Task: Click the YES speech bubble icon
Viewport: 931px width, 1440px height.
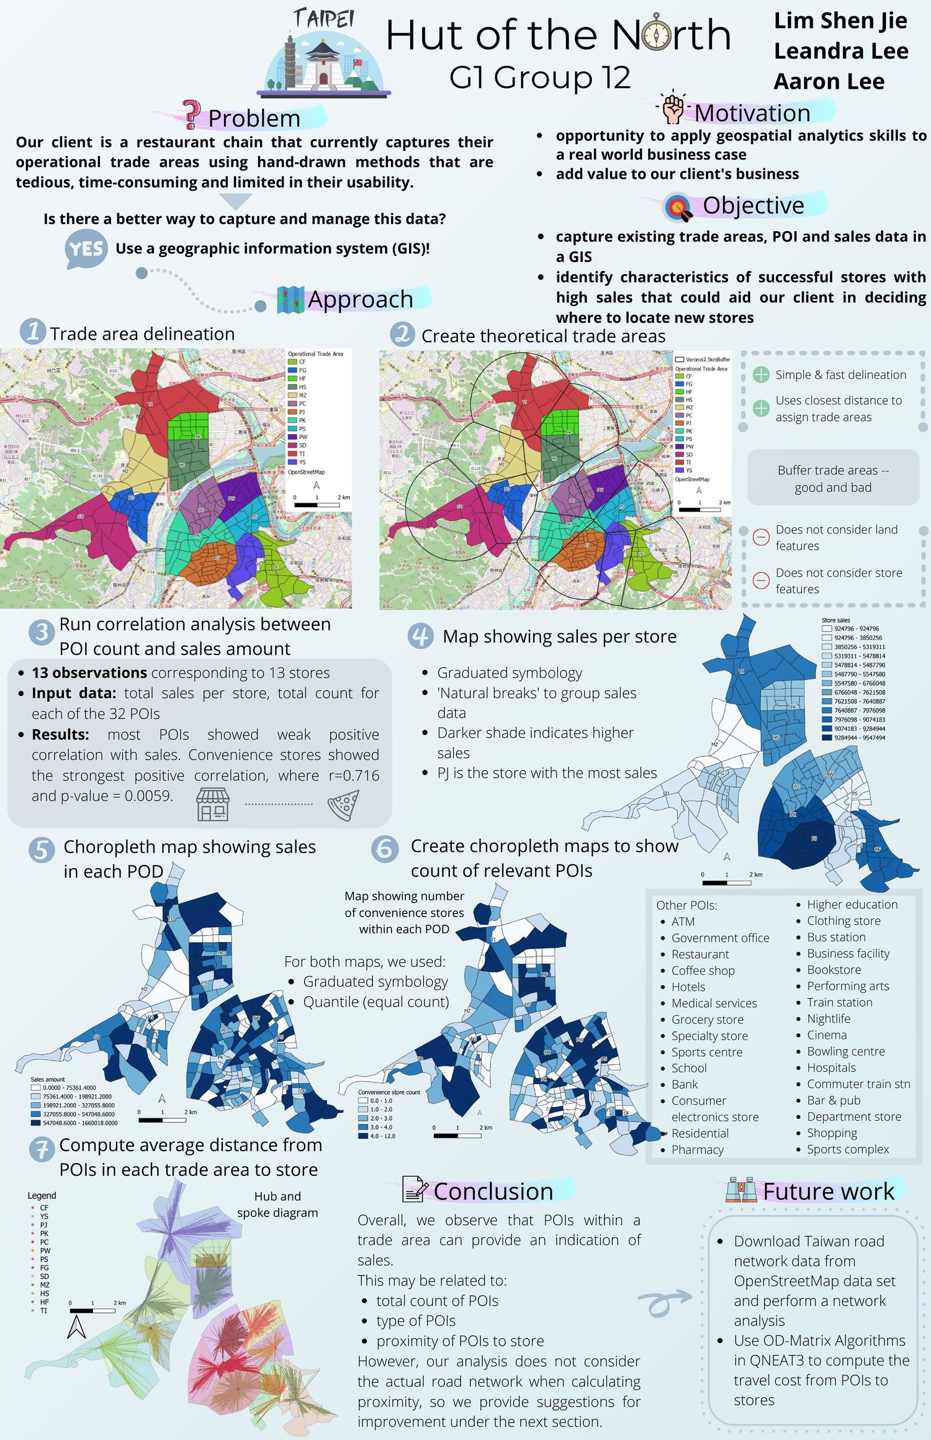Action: (x=86, y=249)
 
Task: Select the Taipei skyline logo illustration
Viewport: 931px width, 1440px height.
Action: (x=323, y=55)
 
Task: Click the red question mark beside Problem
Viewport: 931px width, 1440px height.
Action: (x=192, y=115)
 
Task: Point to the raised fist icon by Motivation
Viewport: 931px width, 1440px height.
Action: (x=673, y=109)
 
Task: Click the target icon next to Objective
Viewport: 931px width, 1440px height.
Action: (x=679, y=207)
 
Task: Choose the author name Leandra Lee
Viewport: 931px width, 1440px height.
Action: (x=840, y=51)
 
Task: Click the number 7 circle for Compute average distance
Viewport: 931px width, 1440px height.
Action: (x=42, y=1150)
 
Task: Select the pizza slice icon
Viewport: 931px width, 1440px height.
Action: (x=344, y=805)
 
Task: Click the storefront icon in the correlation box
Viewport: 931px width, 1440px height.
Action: (x=213, y=805)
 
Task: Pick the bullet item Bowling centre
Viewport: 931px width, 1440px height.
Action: (x=845, y=1051)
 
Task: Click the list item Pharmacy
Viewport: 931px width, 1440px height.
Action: (x=697, y=1149)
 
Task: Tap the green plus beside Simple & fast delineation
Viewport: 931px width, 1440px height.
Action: (x=760, y=374)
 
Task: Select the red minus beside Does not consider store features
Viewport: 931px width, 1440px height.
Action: (x=760, y=580)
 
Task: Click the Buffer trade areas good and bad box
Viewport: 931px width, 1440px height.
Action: (x=833, y=478)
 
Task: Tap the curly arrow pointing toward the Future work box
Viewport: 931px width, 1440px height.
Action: (x=663, y=1301)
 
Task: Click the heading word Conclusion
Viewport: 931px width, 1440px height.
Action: (x=493, y=1191)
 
